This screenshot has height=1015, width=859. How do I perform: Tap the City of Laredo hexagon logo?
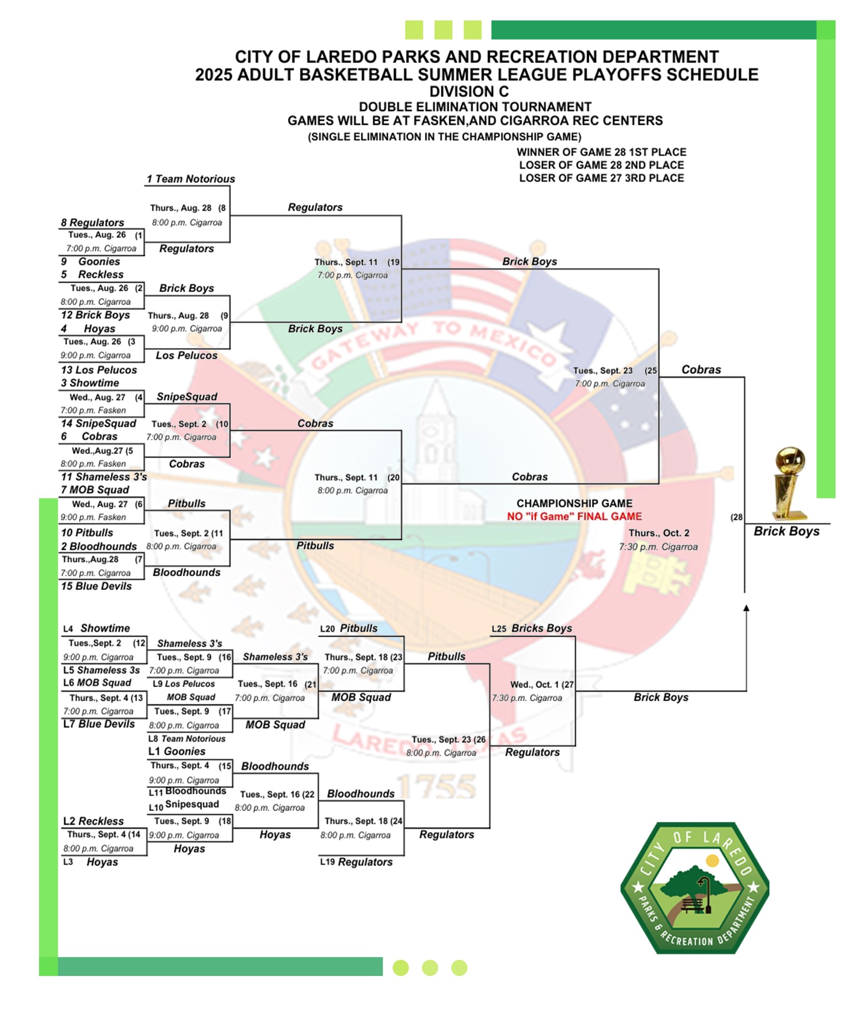click(x=694, y=888)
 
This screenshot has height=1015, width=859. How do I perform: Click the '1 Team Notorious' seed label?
click(x=191, y=179)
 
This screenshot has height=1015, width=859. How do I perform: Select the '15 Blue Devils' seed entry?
click(x=96, y=586)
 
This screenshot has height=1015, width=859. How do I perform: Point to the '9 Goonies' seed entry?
click(x=91, y=261)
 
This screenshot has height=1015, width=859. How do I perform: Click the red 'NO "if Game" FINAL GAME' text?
click(x=574, y=516)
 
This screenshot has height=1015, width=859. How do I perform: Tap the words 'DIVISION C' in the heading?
click(x=469, y=92)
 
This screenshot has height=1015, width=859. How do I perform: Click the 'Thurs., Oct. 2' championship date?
click(x=659, y=533)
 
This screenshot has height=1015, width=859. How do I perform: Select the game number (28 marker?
click(x=736, y=517)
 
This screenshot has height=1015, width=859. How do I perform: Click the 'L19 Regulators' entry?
click(x=356, y=862)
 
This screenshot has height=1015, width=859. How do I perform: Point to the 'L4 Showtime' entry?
click(x=97, y=628)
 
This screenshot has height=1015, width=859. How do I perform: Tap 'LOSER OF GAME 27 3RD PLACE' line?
click(x=601, y=178)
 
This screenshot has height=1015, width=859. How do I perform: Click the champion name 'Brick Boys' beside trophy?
click(x=786, y=531)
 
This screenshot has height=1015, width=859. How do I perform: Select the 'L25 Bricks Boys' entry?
click(x=532, y=628)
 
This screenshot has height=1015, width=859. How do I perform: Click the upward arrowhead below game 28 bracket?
click(x=746, y=608)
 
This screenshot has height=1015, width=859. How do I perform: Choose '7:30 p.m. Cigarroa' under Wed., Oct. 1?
click(x=527, y=698)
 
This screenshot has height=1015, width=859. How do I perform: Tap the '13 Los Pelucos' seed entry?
click(x=99, y=370)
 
